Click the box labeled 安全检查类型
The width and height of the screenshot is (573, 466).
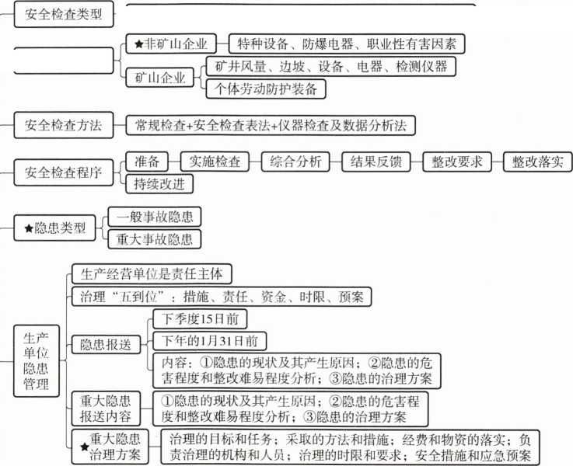(64, 14)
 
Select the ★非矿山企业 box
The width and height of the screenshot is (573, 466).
(171, 43)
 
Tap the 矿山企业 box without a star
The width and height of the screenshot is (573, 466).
(159, 78)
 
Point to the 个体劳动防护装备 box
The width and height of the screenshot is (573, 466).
(266, 89)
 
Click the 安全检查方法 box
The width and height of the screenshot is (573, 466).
(64, 125)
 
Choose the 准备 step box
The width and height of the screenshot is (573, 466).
(147, 162)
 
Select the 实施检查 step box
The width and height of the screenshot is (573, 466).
(215, 162)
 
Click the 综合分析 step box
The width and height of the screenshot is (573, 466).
(295, 162)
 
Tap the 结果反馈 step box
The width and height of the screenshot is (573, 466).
(376, 162)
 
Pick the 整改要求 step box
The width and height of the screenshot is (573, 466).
(457, 162)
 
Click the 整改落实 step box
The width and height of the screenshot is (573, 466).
(537, 162)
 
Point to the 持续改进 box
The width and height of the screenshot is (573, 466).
(159, 183)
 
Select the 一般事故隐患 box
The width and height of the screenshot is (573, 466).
(155, 217)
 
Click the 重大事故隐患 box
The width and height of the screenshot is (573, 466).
(155, 239)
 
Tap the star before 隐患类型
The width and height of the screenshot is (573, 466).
(29, 228)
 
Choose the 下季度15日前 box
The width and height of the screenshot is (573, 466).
(200, 319)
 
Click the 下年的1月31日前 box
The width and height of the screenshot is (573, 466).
(209, 341)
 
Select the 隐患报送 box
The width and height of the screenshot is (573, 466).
(106, 345)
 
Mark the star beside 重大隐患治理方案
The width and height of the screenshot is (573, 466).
(85, 447)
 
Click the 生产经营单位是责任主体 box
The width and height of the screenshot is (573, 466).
(152, 273)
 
